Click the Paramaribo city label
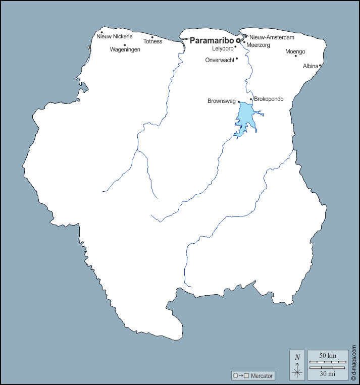[212, 40]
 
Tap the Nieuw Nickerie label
[114, 36]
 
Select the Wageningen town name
[125, 49]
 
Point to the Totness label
[152, 41]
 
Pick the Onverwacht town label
[220, 60]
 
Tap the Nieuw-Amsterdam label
[272, 37]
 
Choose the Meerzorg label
[258, 45]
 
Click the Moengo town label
[295, 51]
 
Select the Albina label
[311, 66]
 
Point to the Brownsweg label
[222, 101]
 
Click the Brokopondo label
[269, 99]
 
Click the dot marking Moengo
[296, 56]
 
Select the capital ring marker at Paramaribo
[238, 41]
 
